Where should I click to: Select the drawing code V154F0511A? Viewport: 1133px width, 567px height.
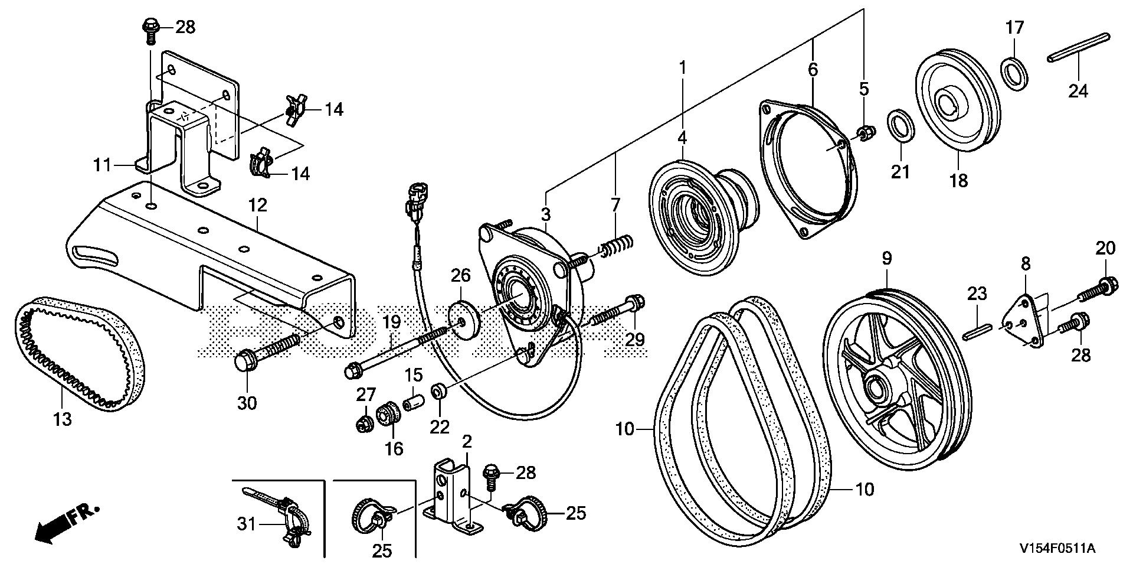pyautogui.click(x=1056, y=549)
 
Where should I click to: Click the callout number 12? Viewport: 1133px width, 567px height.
pyautogui.click(x=258, y=205)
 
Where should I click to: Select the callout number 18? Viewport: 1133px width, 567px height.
pyautogui.click(x=959, y=180)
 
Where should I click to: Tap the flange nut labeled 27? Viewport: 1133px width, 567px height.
pyautogui.click(x=364, y=423)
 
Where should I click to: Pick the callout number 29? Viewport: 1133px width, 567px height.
pyautogui.click(x=635, y=339)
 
